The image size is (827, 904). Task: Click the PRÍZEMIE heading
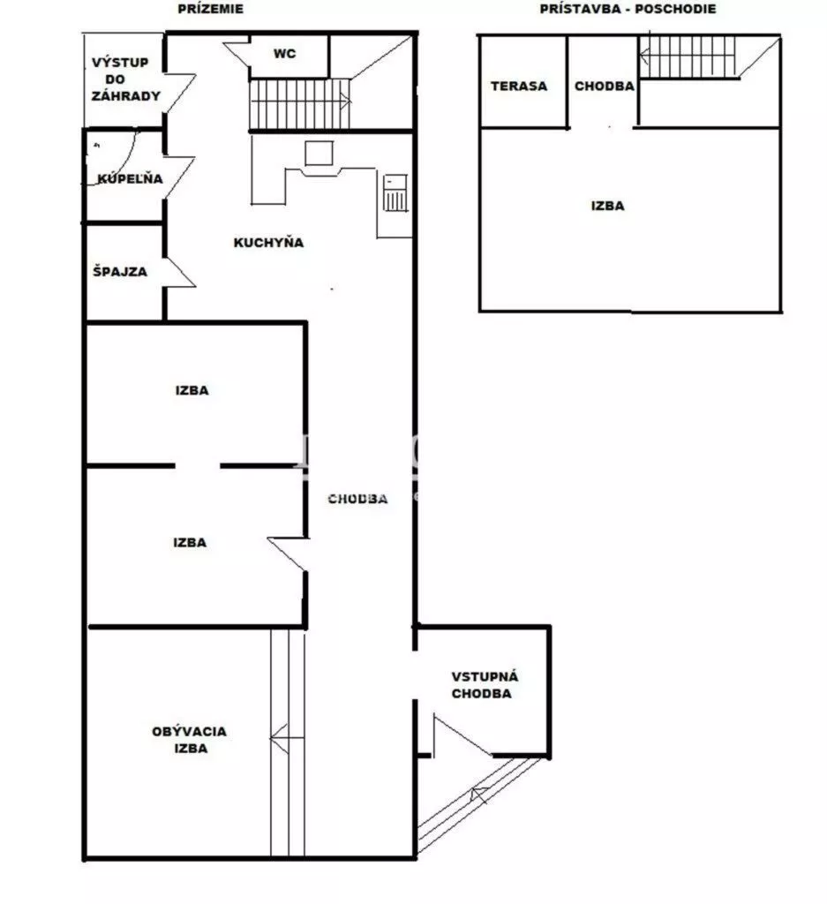tap(210, 9)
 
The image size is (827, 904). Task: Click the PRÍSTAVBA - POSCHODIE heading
tap(628, 9)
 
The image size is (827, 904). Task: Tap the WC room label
tap(285, 54)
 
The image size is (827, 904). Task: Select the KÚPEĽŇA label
tap(130, 178)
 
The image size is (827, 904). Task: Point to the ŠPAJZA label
tap(120, 272)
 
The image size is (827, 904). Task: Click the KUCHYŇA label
tap(268, 242)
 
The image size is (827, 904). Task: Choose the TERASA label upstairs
tap(519, 86)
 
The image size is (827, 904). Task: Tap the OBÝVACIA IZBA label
tap(189, 740)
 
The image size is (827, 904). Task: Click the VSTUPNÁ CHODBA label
tap(484, 685)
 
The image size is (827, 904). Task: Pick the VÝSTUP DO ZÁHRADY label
tap(125, 79)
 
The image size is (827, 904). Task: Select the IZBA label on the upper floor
tap(607, 206)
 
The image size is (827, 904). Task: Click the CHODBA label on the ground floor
tap(357, 499)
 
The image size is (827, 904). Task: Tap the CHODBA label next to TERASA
tap(604, 86)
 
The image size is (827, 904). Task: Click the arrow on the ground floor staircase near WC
tap(301, 102)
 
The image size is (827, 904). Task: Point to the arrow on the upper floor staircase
tap(687, 56)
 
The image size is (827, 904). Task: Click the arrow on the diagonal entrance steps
tap(479, 796)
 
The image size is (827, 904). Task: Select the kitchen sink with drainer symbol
tap(395, 192)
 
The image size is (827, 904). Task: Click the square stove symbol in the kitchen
tap(319, 153)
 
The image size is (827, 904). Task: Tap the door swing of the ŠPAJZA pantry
tap(180, 272)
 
